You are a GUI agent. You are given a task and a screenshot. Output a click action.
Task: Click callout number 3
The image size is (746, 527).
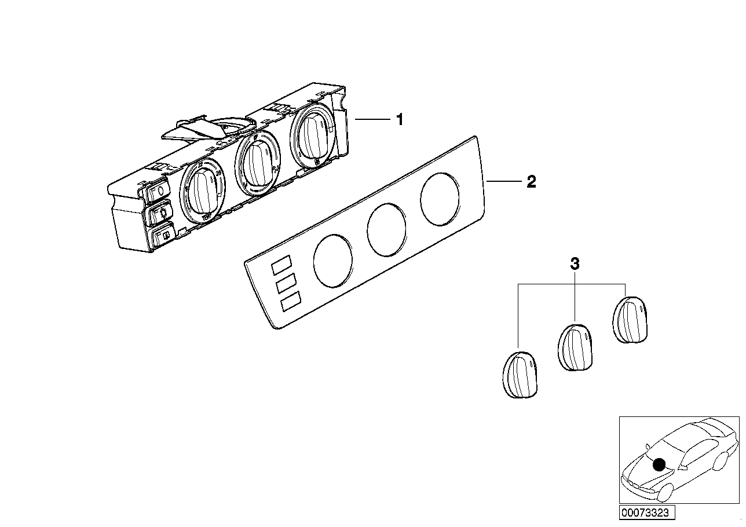click(574, 264)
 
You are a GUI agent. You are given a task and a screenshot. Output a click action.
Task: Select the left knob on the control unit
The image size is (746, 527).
click(202, 192)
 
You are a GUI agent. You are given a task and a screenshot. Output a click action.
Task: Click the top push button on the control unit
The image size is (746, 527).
click(157, 192)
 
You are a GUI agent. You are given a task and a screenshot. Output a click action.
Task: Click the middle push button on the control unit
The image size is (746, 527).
click(159, 214)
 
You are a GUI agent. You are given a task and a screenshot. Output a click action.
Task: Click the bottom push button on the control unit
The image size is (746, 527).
click(161, 236)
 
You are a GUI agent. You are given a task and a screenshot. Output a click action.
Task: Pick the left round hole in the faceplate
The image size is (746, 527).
click(333, 260)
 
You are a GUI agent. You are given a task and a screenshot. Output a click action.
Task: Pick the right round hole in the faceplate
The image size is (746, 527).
click(440, 199)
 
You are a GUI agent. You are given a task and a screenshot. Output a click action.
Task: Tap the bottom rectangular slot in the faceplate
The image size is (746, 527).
click(290, 302)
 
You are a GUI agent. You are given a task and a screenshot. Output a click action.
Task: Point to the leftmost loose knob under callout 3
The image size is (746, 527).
click(519, 375)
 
